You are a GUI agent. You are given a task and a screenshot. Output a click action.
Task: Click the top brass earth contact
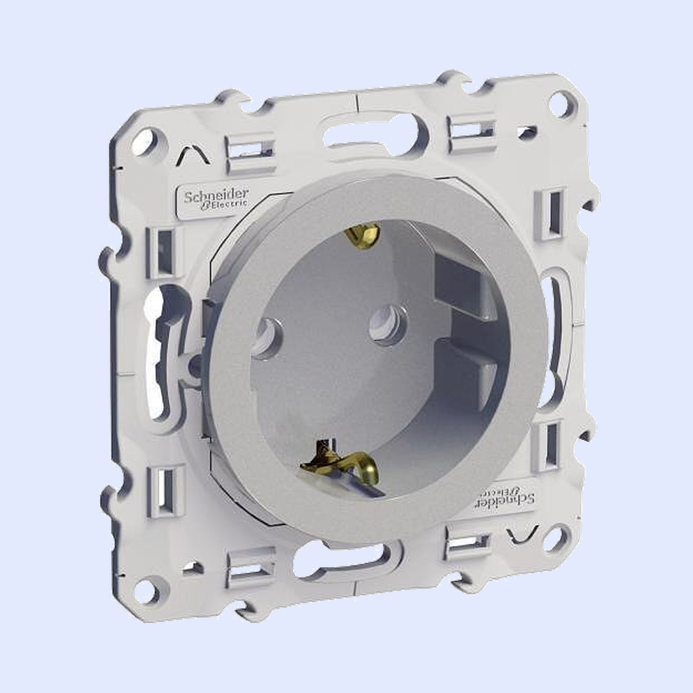click(x=363, y=233)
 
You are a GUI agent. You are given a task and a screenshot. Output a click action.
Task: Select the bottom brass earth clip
click(x=340, y=464)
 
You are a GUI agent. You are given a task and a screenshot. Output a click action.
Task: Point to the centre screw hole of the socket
click(x=384, y=323)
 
